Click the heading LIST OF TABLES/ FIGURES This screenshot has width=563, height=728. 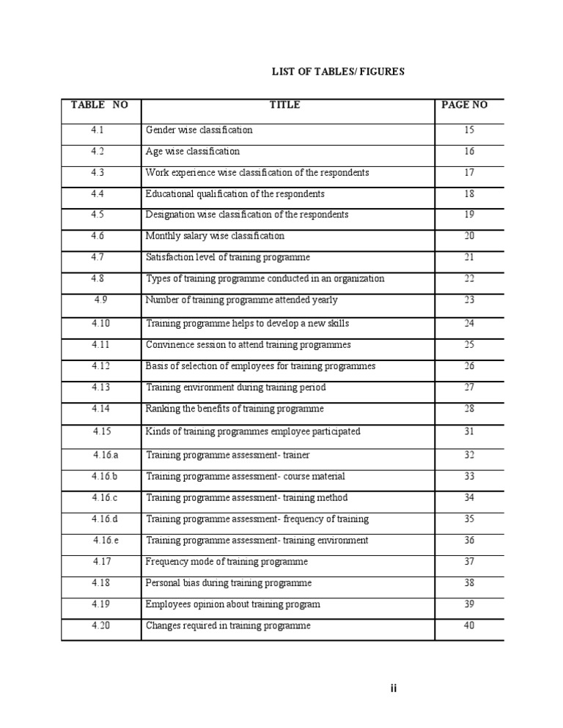(x=338, y=71)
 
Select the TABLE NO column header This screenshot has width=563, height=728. (x=100, y=105)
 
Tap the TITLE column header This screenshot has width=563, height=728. (x=284, y=105)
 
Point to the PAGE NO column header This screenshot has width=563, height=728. (x=464, y=105)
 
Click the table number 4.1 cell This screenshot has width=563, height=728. (x=97, y=130)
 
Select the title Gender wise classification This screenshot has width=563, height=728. (x=199, y=130)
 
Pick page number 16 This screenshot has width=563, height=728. (x=469, y=152)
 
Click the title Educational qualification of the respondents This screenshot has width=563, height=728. (x=235, y=194)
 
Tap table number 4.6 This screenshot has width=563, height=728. (x=97, y=237)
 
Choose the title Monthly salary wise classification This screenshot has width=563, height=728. (x=215, y=237)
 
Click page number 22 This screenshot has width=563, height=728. (x=469, y=279)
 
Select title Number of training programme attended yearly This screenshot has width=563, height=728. (x=242, y=300)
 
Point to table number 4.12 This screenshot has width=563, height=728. (x=100, y=366)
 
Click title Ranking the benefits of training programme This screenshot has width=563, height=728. (x=235, y=409)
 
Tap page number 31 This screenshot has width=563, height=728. (x=469, y=432)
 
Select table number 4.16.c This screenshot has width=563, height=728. (x=105, y=498)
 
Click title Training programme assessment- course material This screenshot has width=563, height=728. (x=246, y=477)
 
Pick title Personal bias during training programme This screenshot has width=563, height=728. (x=229, y=583)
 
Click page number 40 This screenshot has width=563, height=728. (x=469, y=626)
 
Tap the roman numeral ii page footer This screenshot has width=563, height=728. (x=393, y=688)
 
